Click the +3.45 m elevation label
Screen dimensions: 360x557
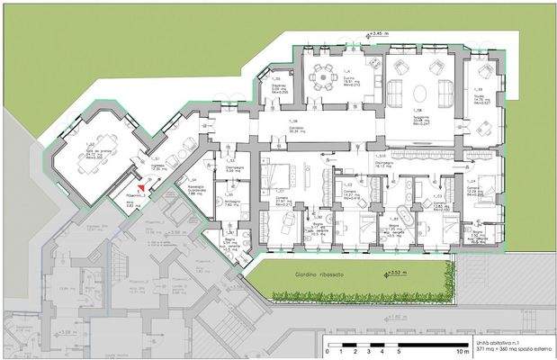click(376, 33)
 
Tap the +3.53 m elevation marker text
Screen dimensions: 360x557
click(393, 270)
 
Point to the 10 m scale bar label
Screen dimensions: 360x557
click(461, 353)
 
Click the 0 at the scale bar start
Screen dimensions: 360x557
click(328, 353)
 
